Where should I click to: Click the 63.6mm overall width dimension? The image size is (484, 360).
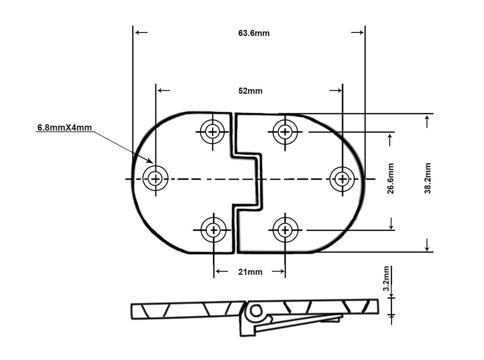[x=254, y=33]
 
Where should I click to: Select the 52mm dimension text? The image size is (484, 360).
[x=250, y=91]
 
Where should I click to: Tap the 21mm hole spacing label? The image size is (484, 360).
[x=250, y=272]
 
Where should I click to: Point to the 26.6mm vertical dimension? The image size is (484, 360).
[x=391, y=178]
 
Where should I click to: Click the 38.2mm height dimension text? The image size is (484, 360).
[x=427, y=178]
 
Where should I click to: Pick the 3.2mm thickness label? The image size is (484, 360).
[x=386, y=279]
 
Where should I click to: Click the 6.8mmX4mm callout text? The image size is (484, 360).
[x=64, y=127]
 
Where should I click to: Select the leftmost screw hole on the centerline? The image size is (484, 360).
[x=155, y=179]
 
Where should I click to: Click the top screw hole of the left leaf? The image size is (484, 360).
[x=212, y=132]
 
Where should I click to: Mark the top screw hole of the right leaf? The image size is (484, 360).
[x=285, y=132]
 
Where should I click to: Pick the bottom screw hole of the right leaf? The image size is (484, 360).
[x=285, y=230]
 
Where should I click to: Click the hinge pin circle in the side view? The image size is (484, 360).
[x=255, y=311]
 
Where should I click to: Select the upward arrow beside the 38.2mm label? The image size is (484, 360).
[x=427, y=122]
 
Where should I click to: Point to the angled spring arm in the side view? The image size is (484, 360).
[x=298, y=324]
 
